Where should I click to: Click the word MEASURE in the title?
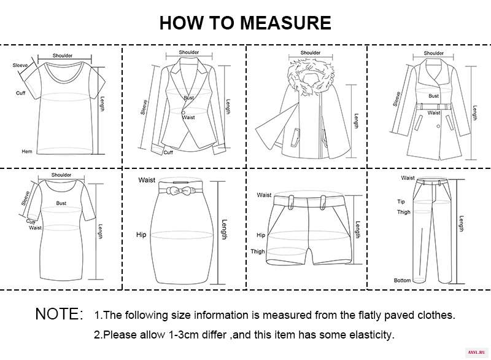coord(285,23)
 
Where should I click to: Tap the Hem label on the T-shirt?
coord(27,151)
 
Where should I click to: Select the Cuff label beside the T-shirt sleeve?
coord(21,93)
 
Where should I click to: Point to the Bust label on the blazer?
coord(189,98)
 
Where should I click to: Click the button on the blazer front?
coord(183,112)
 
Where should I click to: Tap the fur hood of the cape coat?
coord(310,77)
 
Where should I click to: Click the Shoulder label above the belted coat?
coord(434,53)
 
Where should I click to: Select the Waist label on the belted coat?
coord(434,112)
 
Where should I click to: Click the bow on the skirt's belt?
coord(179,190)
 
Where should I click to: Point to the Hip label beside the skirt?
coord(141,234)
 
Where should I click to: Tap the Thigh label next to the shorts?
coord(257,251)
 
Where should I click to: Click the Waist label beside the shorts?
coord(264,195)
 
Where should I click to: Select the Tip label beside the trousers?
coord(401,202)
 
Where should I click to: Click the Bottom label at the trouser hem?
coord(403,280)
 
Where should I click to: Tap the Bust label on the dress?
coord(61,203)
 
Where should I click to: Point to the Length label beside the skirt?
coord(224,229)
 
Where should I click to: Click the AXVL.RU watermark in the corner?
coord(476,353)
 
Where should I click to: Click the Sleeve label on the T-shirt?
coord(20,65)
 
